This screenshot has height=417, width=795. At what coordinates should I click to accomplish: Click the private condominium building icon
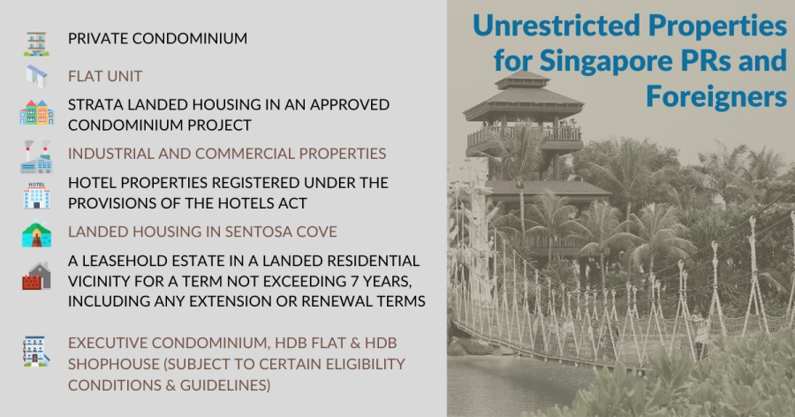[36, 43]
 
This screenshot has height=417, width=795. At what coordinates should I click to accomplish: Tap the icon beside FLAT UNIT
[36, 76]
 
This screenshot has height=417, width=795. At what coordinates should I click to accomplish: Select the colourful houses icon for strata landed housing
[36, 112]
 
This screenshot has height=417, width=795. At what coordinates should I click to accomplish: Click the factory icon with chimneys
[36, 156]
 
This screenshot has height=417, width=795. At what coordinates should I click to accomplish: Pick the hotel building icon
[36, 195]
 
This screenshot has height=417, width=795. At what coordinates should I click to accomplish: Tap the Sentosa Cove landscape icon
[36, 233]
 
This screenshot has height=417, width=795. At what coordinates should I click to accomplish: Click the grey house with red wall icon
[36, 276]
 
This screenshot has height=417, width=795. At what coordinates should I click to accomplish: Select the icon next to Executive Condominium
[36, 351]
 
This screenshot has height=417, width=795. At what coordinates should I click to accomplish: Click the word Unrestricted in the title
[556, 26]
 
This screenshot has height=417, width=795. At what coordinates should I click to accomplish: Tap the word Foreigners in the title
[715, 96]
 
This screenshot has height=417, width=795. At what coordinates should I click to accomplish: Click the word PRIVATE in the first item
[95, 39]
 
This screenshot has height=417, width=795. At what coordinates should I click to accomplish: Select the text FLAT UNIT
[105, 76]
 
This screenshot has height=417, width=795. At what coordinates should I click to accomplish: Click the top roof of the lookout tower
[522, 80]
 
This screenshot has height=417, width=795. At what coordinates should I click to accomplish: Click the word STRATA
[95, 104]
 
